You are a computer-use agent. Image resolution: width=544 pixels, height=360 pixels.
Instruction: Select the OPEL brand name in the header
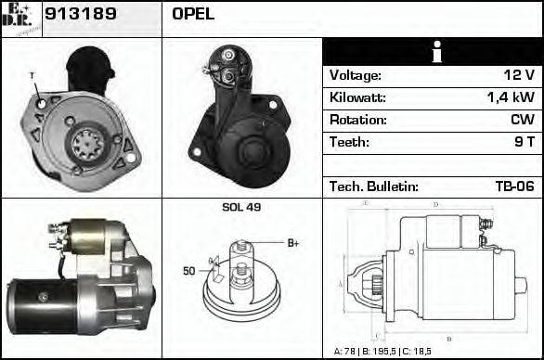(x=193, y=14)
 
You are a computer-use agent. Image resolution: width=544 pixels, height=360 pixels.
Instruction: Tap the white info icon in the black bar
(x=433, y=52)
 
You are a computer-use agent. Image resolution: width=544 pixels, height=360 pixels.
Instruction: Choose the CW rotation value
(x=522, y=120)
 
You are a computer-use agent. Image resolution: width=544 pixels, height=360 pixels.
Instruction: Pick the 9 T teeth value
(x=524, y=142)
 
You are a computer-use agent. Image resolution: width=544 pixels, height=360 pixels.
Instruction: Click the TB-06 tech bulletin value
(x=513, y=186)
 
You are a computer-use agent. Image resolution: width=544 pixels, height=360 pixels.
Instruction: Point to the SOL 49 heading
(x=241, y=207)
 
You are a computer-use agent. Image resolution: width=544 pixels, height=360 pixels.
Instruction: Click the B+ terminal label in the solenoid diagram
(x=292, y=243)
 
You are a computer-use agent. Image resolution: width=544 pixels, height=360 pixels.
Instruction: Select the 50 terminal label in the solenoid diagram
(x=189, y=271)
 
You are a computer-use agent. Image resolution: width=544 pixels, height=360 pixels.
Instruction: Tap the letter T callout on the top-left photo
(x=31, y=75)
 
